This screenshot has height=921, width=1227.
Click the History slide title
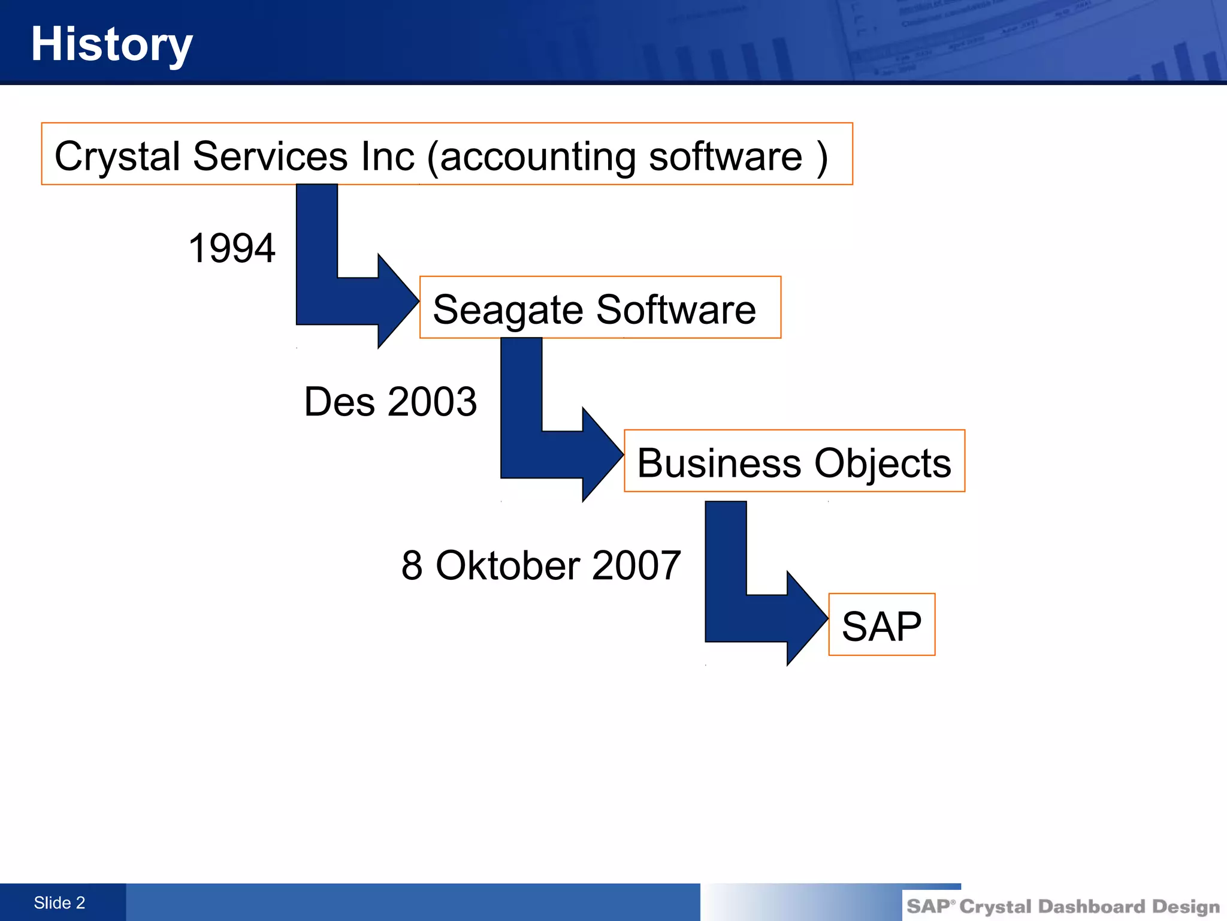click(x=111, y=44)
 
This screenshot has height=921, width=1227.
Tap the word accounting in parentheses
click(x=537, y=156)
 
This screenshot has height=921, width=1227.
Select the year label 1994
click(x=231, y=248)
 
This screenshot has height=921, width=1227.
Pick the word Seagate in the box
click(x=507, y=310)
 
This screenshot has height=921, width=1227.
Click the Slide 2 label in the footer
click(x=59, y=903)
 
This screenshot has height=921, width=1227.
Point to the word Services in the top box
click(x=270, y=156)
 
